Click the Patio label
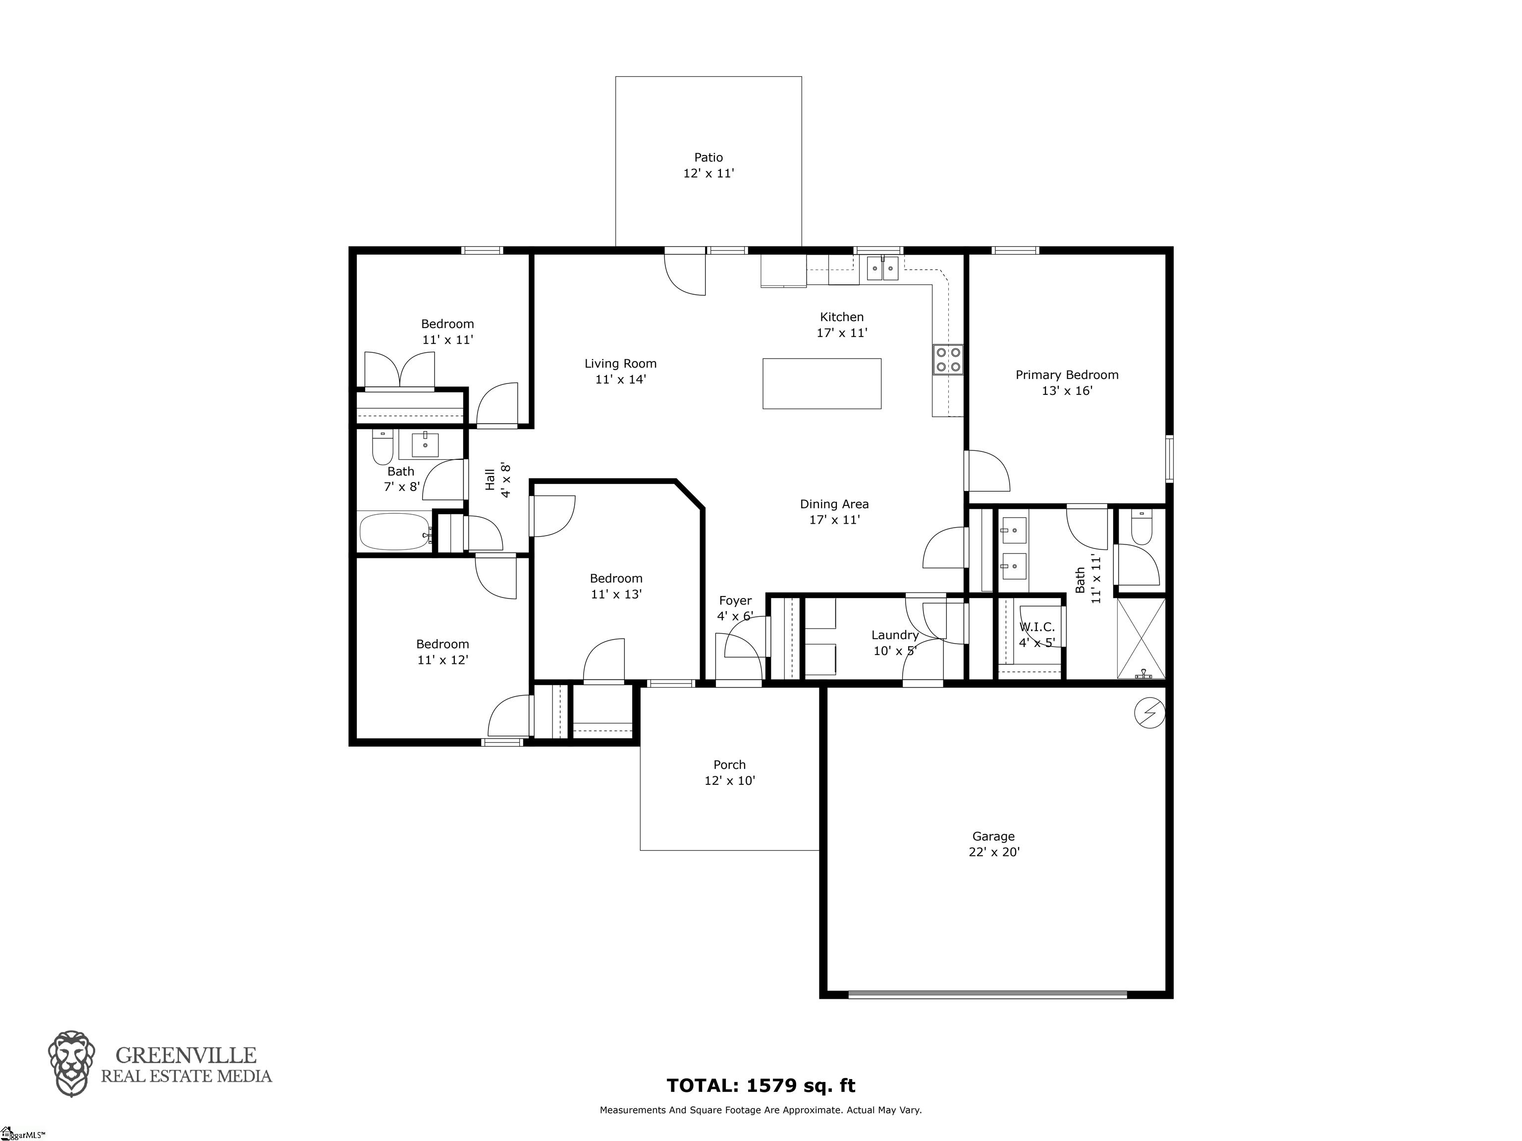pyautogui.click(x=708, y=158)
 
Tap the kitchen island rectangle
pyautogui.click(x=821, y=383)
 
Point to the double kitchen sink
pyautogui.click(x=882, y=268)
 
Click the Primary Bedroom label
pyautogui.click(x=1067, y=375)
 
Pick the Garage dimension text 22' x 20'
pyautogui.click(x=993, y=852)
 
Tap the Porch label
pyautogui.click(x=729, y=764)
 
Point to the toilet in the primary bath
pyautogui.click(x=1141, y=527)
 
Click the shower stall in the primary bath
pyautogui.click(x=1141, y=639)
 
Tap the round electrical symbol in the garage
pyautogui.click(x=1150, y=713)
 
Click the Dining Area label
pyautogui.click(x=834, y=504)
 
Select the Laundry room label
pyautogui.click(x=894, y=635)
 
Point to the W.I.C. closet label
pyautogui.click(x=1037, y=627)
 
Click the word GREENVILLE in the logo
pyautogui.click(x=186, y=1055)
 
